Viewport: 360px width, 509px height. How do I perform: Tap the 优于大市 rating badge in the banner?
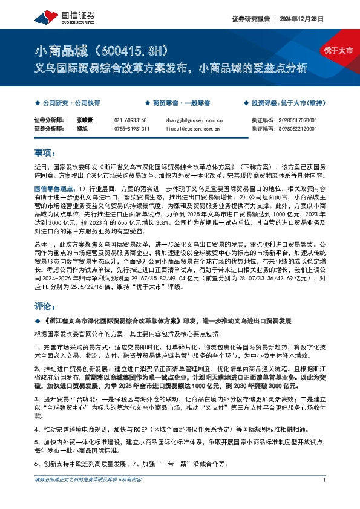pos(336,51)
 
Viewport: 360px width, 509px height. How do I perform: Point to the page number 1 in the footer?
pos(325,496)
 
